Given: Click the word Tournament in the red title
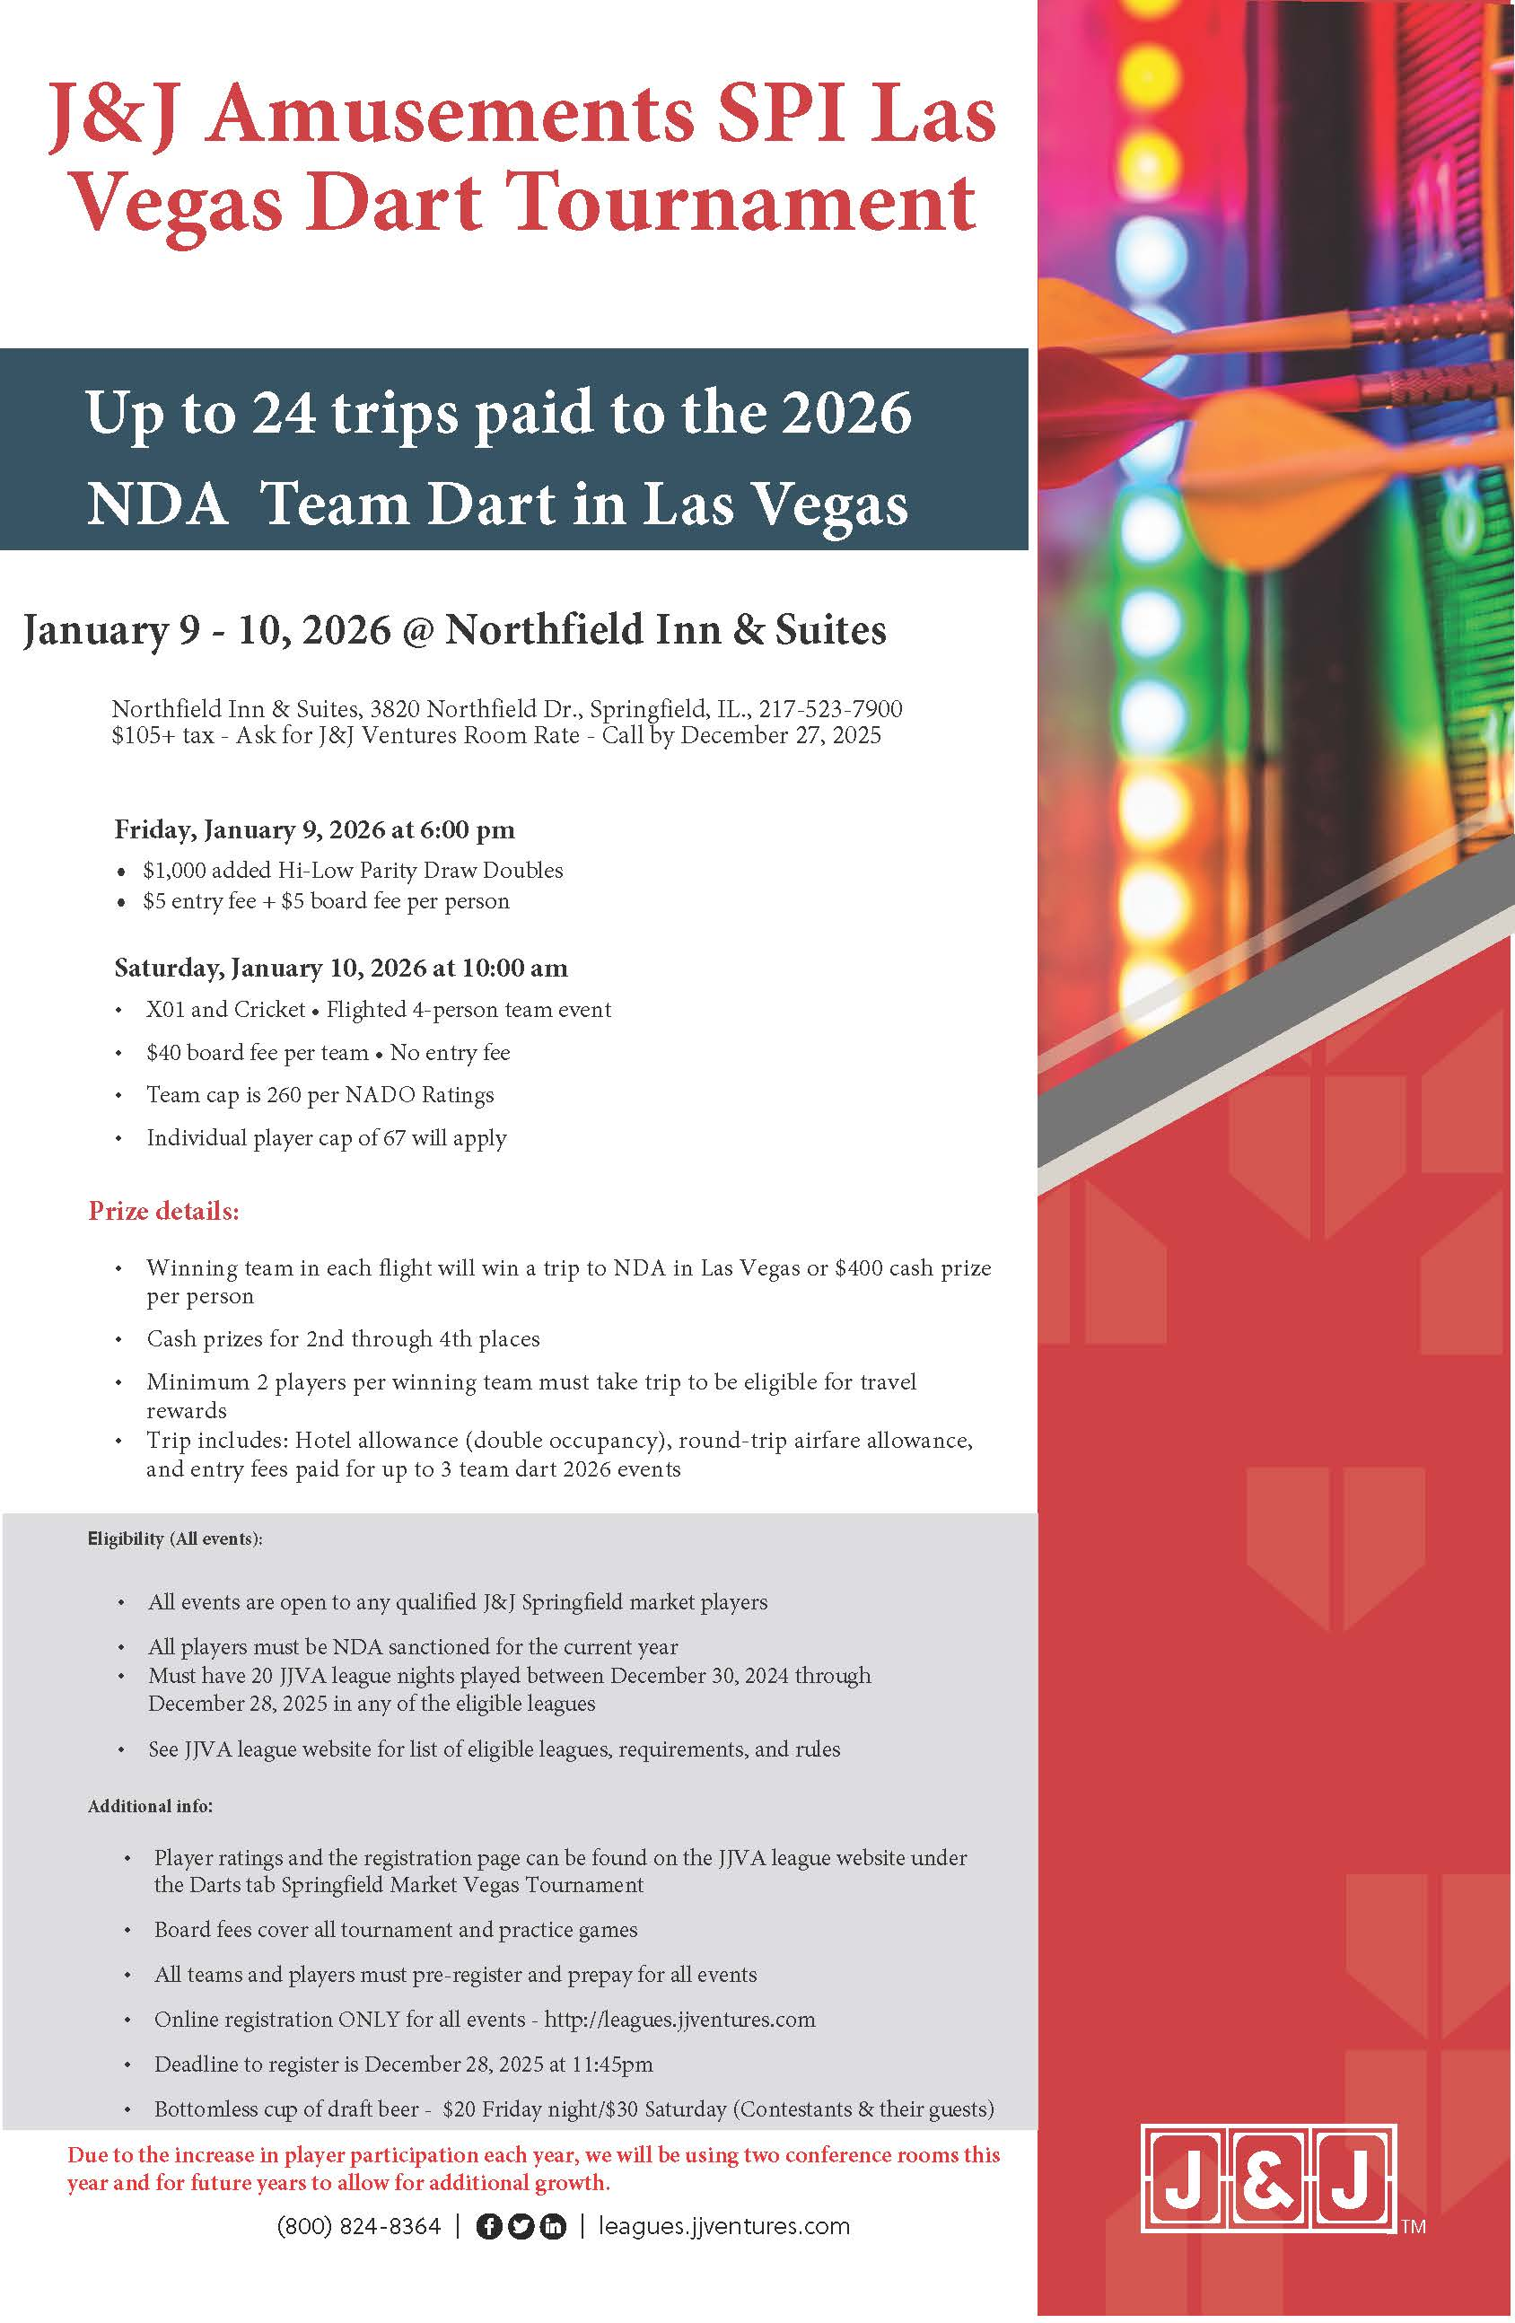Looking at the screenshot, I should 742,203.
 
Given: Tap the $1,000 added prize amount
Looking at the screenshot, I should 174,870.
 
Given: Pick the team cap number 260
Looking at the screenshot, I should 283,1094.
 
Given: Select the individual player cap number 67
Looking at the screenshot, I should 392,1137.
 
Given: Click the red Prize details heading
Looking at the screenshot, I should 164,1211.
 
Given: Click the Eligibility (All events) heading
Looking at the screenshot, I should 175,1538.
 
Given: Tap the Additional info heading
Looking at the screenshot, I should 150,1806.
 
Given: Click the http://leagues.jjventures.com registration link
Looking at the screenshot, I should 679,2019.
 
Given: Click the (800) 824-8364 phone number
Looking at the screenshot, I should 359,2225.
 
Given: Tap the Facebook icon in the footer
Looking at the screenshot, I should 489,2226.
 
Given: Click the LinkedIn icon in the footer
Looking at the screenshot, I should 553,2226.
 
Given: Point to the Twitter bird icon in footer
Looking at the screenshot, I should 521,2226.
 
